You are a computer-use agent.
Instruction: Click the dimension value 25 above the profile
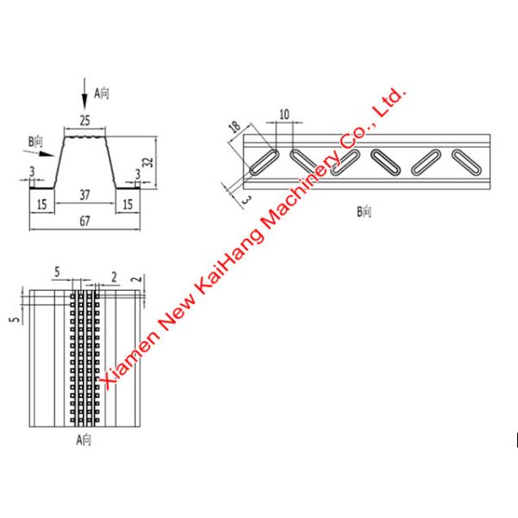click(x=85, y=121)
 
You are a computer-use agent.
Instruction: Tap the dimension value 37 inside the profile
click(x=85, y=195)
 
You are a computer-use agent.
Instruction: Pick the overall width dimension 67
click(x=85, y=221)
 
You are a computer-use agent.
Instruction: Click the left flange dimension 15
click(x=42, y=205)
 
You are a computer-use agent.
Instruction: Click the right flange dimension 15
click(x=128, y=205)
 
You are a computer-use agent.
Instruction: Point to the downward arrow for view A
click(x=85, y=93)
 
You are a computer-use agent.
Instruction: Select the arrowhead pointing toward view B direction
click(x=47, y=154)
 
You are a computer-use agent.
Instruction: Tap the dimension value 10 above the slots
click(x=284, y=115)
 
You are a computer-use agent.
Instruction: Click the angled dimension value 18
click(x=235, y=127)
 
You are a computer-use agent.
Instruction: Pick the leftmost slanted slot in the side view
click(x=265, y=162)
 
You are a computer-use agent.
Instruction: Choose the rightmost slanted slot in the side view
click(x=466, y=162)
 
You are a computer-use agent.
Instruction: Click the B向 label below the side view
click(x=364, y=212)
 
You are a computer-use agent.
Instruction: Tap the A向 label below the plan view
click(x=84, y=439)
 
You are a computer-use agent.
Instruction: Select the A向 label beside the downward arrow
click(x=101, y=93)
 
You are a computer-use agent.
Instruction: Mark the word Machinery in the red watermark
click(x=300, y=191)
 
